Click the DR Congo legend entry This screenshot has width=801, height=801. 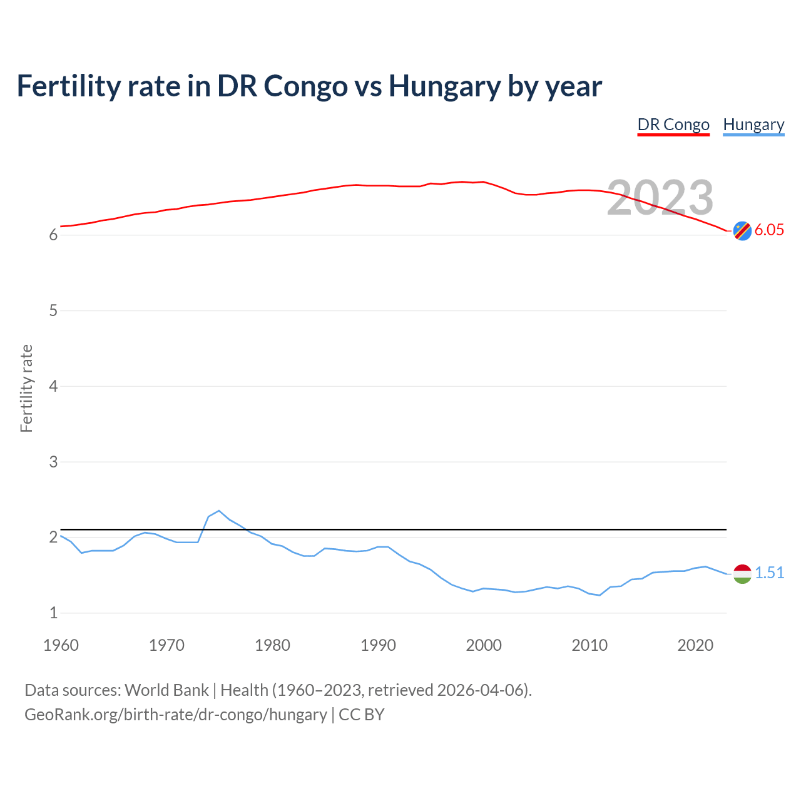[x=673, y=125]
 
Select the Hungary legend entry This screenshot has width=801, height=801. [x=753, y=125]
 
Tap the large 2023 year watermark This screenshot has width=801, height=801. [x=660, y=198]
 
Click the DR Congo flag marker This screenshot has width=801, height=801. [x=742, y=231]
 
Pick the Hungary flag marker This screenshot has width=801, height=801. [x=742, y=574]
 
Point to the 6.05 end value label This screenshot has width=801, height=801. [x=769, y=230]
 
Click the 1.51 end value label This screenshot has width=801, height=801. [x=769, y=573]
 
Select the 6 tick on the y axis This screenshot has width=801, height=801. [x=53, y=235]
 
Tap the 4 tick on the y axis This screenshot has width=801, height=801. [x=53, y=386]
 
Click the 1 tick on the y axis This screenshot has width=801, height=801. [x=53, y=613]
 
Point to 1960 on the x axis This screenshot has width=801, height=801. [x=61, y=645]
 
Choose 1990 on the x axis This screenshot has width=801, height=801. [x=378, y=645]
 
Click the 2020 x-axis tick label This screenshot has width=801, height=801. [x=695, y=645]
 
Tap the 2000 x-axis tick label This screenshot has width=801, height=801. [x=484, y=645]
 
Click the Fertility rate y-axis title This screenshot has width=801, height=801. [x=26, y=388]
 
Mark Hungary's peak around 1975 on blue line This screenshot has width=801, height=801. [x=218, y=511]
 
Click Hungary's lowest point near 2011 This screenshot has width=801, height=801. [x=599, y=595]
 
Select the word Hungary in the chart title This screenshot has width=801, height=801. [x=444, y=86]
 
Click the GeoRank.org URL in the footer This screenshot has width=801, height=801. [x=175, y=715]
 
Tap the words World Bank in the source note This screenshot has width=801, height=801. [x=166, y=690]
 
